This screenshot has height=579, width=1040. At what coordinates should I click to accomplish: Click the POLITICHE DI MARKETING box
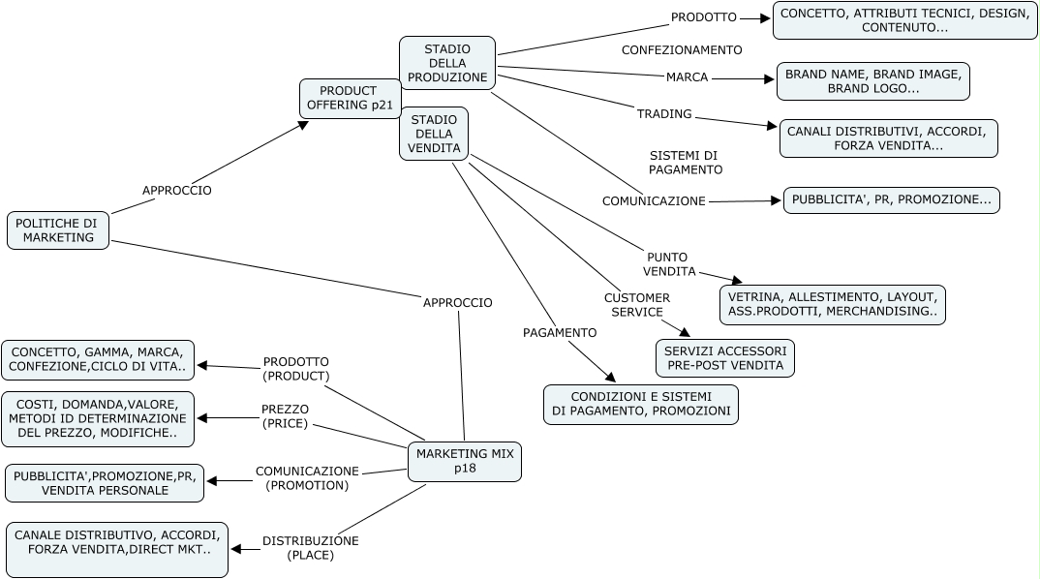click(58, 230)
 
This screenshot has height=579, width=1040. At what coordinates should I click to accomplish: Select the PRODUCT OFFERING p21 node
click(350, 99)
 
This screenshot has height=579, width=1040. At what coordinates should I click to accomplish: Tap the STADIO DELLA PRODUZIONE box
click(447, 63)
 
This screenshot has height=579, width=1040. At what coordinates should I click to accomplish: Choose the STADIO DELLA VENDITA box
click(433, 133)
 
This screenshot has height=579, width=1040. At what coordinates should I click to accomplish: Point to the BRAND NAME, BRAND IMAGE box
click(872, 81)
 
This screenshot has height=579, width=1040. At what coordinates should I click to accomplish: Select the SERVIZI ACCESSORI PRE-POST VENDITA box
click(725, 358)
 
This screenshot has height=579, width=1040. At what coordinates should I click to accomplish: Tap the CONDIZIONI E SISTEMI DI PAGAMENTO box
click(640, 404)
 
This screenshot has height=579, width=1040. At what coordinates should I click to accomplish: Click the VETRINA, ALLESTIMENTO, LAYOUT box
click(832, 304)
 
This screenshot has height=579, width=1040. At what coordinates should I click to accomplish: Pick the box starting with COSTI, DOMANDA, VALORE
click(98, 418)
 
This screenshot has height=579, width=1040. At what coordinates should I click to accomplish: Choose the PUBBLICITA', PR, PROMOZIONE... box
click(891, 200)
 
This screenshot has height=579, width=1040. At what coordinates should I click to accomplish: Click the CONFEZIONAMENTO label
click(682, 49)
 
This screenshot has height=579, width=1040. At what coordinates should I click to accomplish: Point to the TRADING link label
click(664, 114)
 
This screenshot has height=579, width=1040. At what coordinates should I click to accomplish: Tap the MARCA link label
click(687, 77)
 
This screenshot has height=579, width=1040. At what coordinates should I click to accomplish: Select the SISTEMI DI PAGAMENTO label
click(685, 163)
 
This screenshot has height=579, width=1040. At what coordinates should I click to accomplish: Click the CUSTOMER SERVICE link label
click(636, 305)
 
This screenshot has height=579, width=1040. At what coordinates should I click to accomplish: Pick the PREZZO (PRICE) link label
click(285, 416)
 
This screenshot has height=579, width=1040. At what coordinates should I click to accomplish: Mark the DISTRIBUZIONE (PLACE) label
click(310, 548)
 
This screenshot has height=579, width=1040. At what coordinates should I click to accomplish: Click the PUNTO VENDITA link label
click(669, 263)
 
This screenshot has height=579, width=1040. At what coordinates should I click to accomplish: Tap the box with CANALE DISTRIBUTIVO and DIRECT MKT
click(116, 549)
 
